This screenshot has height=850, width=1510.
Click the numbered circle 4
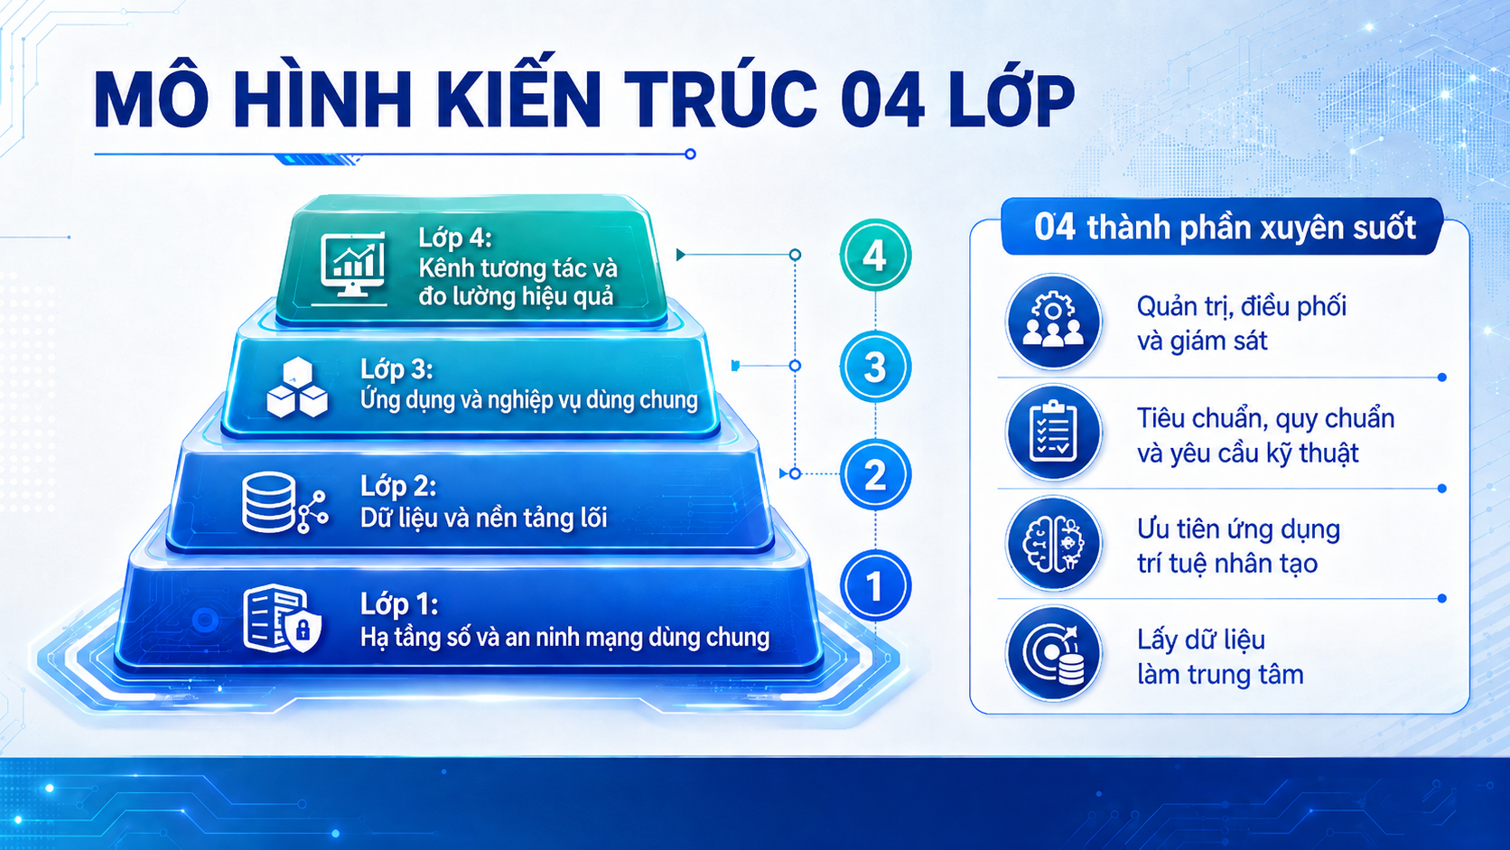pos(875,255)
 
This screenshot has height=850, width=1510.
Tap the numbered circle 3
pos(875,367)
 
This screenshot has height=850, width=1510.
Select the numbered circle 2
pos(875,474)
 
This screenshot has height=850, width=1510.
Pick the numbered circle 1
pos(875,585)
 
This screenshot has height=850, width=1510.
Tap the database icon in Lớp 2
pos(284,503)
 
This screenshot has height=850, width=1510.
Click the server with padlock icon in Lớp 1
pos(282,619)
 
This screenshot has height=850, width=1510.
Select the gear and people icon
pos(1053,322)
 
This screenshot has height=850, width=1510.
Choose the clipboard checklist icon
pos(1053,432)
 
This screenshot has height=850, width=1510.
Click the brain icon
pos(1053,543)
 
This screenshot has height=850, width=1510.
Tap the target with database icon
pos(1053,653)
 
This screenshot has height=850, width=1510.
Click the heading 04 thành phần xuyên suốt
pos(1225,227)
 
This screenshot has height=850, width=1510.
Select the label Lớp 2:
pos(397,486)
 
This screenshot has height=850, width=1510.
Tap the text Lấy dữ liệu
pos(1201,640)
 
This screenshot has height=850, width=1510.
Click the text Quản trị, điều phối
pos(1242,307)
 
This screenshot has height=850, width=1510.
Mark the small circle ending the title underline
pos(690,154)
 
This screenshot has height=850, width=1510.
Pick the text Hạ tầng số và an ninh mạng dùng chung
pos(565,638)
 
